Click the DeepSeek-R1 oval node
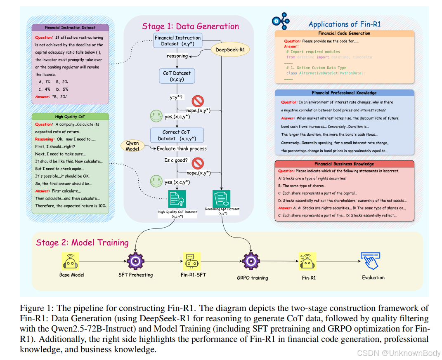pyautogui.click(x=231, y=50)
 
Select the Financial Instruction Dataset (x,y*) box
pyautogui.click(x=177, y=41)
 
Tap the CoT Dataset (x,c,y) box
pyautogui.click(x=177, y=76)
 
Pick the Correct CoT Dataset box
pyautogui.click(x=177, y=135)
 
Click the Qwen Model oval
pyautogui.click(x=132, y=146)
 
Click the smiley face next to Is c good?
pyautogui.click(x=156, y=181)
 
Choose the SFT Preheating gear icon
pyautogui.click(x=135, y=260)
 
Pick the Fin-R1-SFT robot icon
pyautogui.click(x=190, y=260)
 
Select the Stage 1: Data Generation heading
pyautogui.click(x=190, y=26)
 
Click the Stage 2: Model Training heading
pyautogui.click(x=82, y=242)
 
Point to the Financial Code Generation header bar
pyautogui.click(x=344, y=33)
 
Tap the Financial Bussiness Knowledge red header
pyautogui.click(x=344, y=164)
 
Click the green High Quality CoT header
pyautogui.click(x=70, y=117)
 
